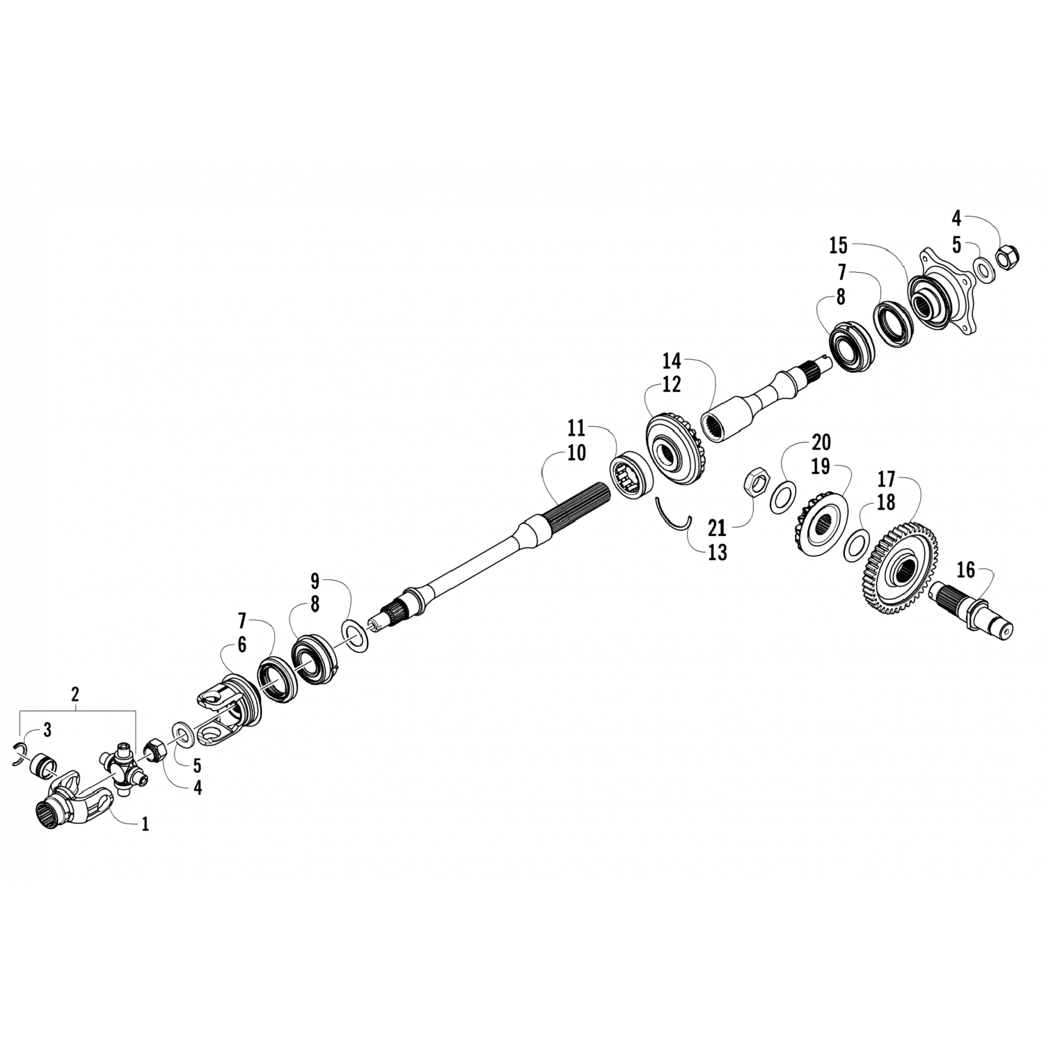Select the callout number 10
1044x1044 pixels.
pos(576,452)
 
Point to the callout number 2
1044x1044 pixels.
pos(75,693)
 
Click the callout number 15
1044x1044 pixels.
pos(838,245)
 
